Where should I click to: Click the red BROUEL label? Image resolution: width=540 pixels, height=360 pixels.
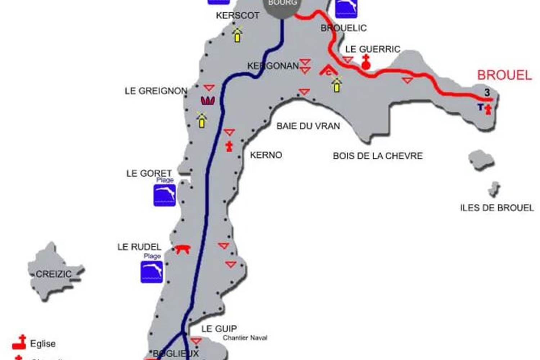(x=504, y=75)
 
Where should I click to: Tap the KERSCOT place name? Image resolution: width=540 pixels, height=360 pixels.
(x=238, y=15)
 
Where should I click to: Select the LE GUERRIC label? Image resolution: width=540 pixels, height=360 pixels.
(x=373, y=49)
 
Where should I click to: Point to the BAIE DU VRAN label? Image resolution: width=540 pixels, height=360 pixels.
(x=308, y=126)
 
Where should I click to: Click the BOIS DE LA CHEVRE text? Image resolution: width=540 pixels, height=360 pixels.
(x=378, y=156)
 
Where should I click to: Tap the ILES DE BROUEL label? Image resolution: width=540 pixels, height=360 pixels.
(x=497, y=208)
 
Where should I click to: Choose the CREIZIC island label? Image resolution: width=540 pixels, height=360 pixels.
(x=53, y=274)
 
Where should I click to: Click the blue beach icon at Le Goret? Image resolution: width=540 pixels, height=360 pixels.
(x=165, y=195)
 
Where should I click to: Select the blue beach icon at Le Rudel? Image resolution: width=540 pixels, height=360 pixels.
(x=152, y=272)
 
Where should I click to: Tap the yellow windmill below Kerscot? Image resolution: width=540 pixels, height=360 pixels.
(x=237, y=35)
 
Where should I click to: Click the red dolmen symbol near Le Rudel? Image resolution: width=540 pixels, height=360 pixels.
(x=182, y=249)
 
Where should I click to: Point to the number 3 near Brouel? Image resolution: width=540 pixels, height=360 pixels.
(x=487, y=93)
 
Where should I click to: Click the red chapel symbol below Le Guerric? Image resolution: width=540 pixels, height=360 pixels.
(x=366, y=62)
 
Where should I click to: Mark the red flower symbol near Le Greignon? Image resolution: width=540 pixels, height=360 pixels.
(x=208, y=101)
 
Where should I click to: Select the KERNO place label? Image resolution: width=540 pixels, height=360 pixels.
(x=266, y=155)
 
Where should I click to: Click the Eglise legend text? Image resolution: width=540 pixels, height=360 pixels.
(x=42, y=344)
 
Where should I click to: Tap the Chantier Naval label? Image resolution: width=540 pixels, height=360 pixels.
(x=245, y=338)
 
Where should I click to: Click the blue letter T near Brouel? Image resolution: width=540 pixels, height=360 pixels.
(x=480, y=107)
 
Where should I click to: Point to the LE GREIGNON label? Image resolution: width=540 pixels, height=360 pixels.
(x=156, y=91)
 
